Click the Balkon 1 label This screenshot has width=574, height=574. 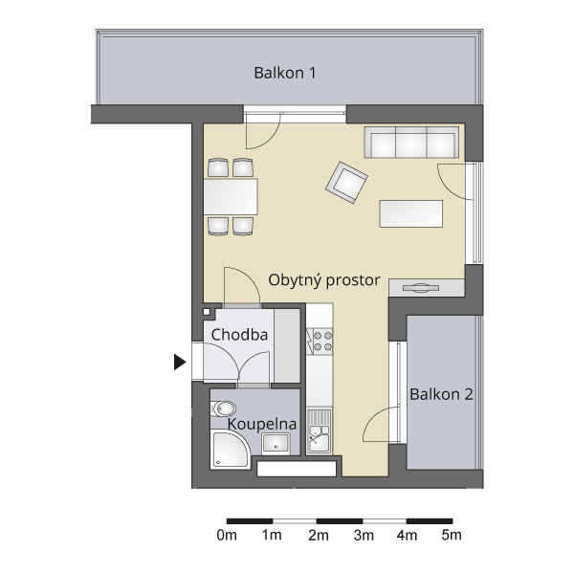pos(285,73)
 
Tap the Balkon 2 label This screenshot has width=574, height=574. pos(441,394)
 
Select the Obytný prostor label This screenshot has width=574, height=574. pos(324,280)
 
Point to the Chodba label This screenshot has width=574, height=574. pos(239,335)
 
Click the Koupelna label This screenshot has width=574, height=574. pos(262,424)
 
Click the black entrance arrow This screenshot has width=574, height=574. pos(180,362)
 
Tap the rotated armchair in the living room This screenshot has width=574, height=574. pos(346,183)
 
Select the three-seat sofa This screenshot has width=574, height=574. pos(411,143)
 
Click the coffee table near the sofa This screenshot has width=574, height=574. pos(411,213)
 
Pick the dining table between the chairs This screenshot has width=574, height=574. pos(231,196)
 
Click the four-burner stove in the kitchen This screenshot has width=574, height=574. pos(320,342)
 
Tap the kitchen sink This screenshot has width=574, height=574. pos(320,431)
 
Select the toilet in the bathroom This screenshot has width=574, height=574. pos(223,408)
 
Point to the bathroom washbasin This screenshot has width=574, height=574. pos(276,444)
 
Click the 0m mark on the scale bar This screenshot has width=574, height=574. pos(227,535)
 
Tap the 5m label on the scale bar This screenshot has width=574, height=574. pos(452,535)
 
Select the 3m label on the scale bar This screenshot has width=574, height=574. pos(364,535)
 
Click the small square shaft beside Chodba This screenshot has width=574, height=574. pos(207,312)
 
